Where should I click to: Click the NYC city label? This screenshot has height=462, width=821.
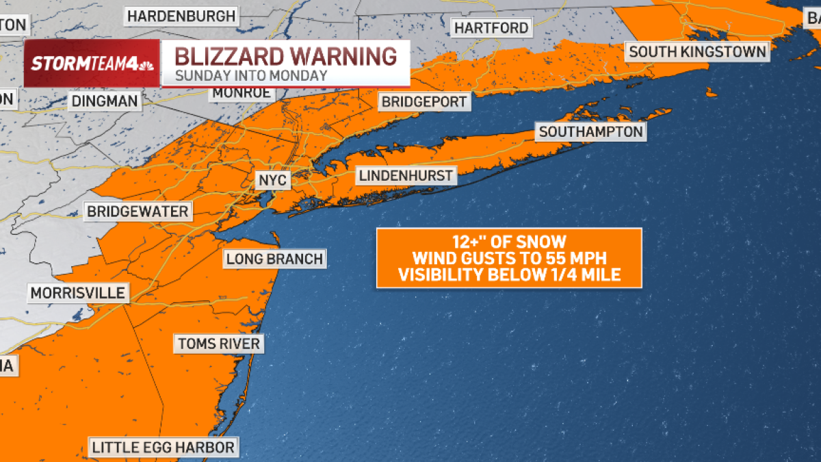pyautogui.click(x=272, y=180)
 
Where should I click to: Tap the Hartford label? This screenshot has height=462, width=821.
pyautogui.click(x=491, y=28)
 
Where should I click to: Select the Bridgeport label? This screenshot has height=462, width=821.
pyautogui.click(x=424, y=102)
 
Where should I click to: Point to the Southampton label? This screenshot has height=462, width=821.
pyautogui.click(x=590, y=131)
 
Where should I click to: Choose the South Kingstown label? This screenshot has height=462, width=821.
pyautogui.click(x=697, y=51)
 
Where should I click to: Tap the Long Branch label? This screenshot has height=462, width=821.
pyautogui.click(x=274, y=259)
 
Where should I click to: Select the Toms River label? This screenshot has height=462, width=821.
pyautogui.click(x=219, y=343)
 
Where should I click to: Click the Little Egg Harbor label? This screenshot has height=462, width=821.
pyautogui.click(x=164, y=448)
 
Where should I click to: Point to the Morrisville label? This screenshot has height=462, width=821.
pyautogui.click(x=77, y=294)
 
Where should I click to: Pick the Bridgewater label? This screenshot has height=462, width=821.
pyautogui.click(x=137, y=211)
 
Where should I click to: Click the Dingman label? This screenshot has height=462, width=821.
pyautogui.click(x=104, y=102)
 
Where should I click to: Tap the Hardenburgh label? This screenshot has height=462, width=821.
pyautogui.click(x=181, y=15)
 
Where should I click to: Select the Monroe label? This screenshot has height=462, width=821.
pyautogui.click(x=241, y=92)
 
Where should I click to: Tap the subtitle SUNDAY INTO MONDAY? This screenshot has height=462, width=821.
pyautogui.click(x=251, y=75)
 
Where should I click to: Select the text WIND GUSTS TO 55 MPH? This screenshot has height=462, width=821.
pyautogui.click(x=509, y=258)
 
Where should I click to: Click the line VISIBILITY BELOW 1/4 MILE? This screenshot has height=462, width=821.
pyautogui.click(x=509, y=275)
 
